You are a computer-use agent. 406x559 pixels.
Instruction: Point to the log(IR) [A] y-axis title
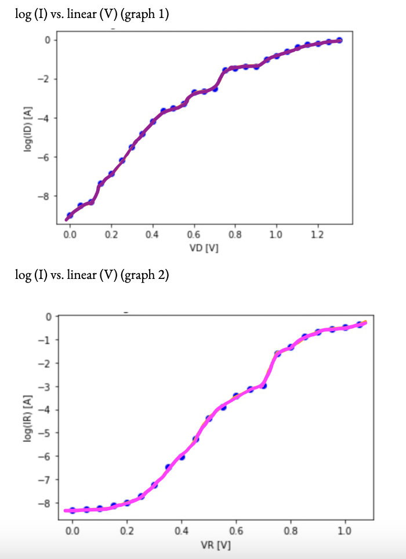[27, 419]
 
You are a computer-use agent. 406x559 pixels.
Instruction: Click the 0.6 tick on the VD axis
[194, 235]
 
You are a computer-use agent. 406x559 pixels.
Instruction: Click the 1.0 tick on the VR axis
[345, 530]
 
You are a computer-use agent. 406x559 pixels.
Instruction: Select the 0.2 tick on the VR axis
[127, 530]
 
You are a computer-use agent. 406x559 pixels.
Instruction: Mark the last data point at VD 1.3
[339, 41]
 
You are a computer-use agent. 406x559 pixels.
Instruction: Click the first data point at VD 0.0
[70, 215]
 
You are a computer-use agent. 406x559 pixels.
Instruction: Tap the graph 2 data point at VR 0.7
[263, 385]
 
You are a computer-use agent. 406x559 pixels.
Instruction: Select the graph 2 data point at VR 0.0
[72, 511]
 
